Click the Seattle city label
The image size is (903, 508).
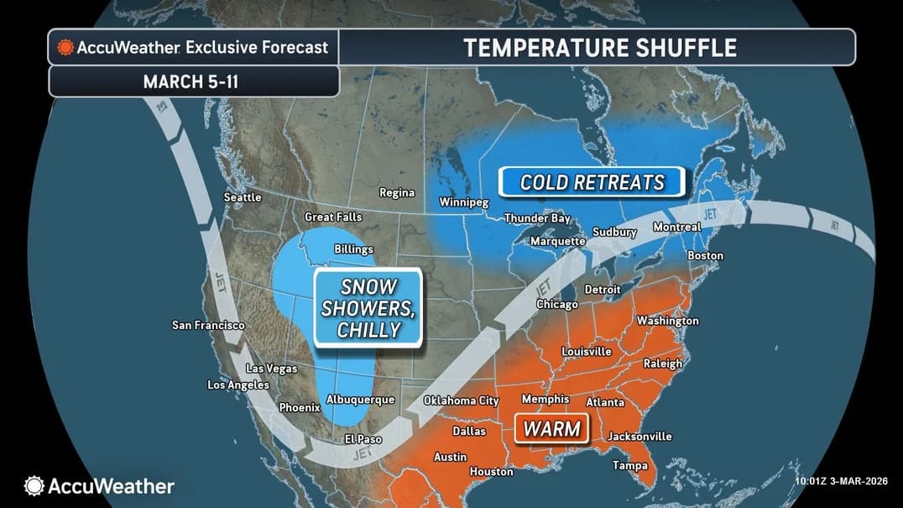point(243,197)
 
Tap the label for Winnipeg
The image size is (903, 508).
point(464,202)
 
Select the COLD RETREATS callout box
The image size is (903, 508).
point(592,182)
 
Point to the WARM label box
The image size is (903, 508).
point(551,429)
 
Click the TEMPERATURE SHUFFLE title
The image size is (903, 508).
point(599,47)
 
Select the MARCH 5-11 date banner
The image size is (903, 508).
point(194,81)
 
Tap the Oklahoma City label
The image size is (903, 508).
point(461,401)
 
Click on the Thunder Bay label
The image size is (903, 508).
point(537,218)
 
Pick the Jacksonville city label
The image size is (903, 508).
point(639,437)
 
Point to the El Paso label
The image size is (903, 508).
point(363,439)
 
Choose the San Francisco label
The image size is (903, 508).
point(208,325)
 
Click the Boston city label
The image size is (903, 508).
point(705,255)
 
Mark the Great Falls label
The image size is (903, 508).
point(333,217)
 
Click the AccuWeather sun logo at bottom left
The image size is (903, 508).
point(34,485)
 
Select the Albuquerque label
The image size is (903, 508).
point(360,400)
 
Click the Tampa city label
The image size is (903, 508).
point(629,465)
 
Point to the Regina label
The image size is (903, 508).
point(397,192)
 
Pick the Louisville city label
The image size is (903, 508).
point(587,351)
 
